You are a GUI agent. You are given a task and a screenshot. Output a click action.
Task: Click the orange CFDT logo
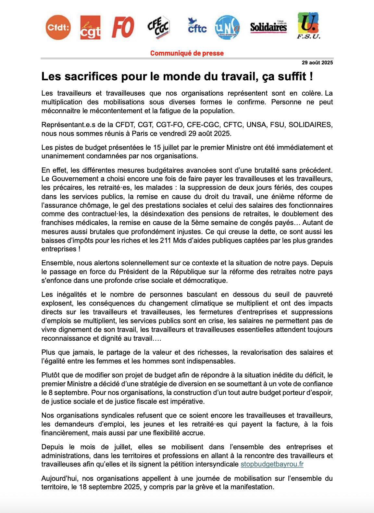(x=58, y=28)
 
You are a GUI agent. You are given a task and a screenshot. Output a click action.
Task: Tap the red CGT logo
(x=90, y=28)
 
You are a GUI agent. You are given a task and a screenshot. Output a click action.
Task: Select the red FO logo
(x=123, y=28)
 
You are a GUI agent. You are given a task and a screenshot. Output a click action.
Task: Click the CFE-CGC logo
(x=158, y=28)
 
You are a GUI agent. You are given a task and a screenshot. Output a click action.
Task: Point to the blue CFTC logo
(x=197, y=26)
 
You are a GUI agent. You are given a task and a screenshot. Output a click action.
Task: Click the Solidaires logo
(x=268, y=27)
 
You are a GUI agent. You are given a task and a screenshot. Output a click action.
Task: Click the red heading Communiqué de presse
(x=187, y=53)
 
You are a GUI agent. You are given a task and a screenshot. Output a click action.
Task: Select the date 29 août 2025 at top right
(x=317, y=63)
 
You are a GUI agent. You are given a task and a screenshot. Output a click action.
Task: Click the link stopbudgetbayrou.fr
(x=272, y=464)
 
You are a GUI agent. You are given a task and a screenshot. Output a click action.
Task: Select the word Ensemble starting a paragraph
(x=55, y=263)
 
